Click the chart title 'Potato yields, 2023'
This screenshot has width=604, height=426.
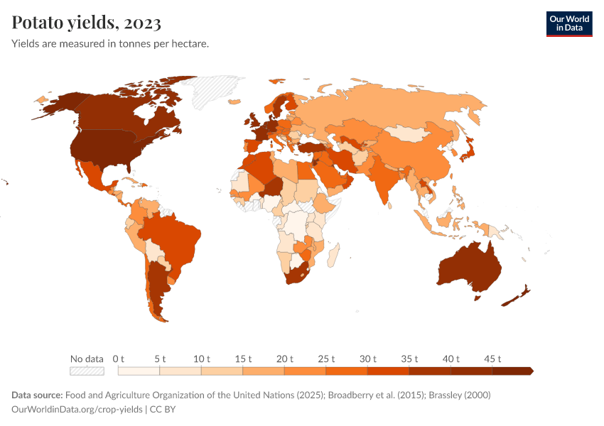(x=86, y=23)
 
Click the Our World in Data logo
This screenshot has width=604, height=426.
(x=568, y=23)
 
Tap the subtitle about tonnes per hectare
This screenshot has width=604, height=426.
(x=109, y=44)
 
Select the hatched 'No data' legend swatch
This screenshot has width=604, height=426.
(x=87, y=371)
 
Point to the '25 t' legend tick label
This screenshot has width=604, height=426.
(x=326, y=359)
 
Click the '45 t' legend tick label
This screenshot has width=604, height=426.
(x=492, y=359)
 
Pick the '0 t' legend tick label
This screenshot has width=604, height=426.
(x=119, y=359)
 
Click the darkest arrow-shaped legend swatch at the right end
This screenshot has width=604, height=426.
(x=512, y=371)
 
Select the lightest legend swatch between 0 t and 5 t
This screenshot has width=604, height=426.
(x=139, y=371)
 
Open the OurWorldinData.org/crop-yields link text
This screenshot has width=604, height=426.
(x=78, y=410)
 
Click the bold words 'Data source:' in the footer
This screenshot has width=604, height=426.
(x=37, y=395)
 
